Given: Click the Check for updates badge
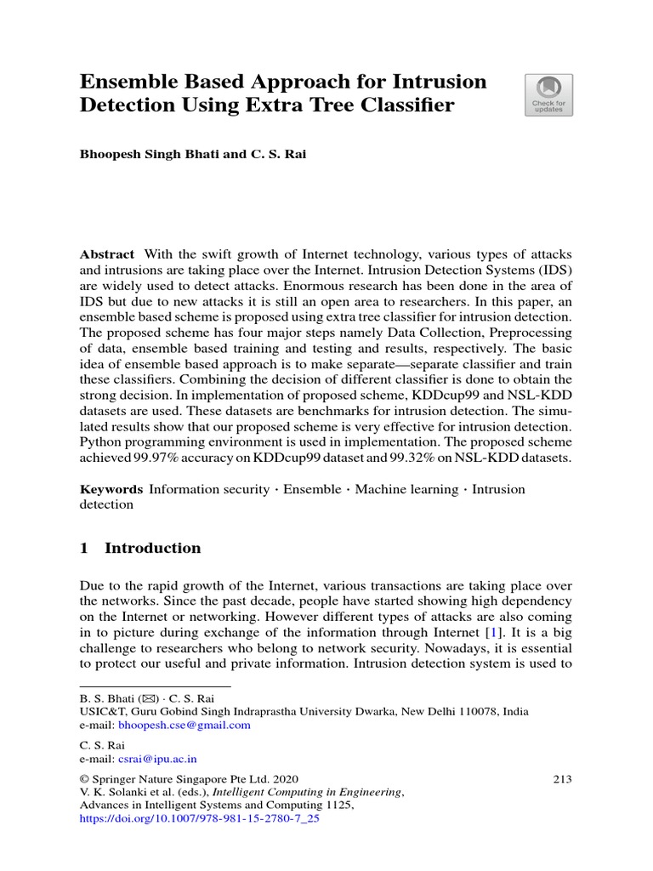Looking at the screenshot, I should [548, 94].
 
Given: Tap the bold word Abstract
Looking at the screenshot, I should [106, 254].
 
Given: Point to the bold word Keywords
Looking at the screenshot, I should [111, 489].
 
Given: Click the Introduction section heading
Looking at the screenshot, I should [152, 548].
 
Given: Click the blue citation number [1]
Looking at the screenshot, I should [492, 633].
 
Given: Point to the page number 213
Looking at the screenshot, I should [562, 778].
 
